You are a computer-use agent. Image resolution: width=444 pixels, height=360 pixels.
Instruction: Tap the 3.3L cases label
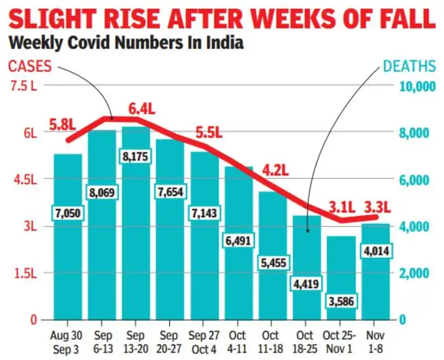(377, 207)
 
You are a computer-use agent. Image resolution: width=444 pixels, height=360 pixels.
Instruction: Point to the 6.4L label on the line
(141, 109)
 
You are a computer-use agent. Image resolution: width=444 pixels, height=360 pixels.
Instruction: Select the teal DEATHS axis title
(410, 66)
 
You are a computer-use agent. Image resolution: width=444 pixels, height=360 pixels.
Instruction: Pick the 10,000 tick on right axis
(415, 86)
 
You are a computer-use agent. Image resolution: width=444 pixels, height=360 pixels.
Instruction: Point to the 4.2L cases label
(276, 171)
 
